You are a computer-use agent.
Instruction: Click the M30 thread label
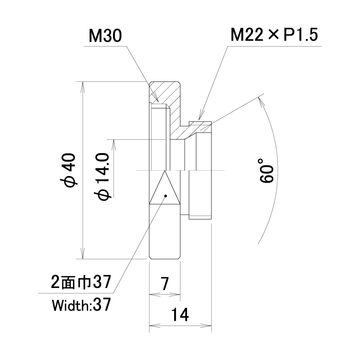[x=105, y=36]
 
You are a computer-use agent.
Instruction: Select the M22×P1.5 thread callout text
[x=274, y=35]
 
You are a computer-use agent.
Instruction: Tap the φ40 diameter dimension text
[x=68, y=170]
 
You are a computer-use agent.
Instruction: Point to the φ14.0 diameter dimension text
[x=101, y=177]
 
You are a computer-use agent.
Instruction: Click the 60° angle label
[x=267, y=170]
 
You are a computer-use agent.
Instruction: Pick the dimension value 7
[x=165, y=284]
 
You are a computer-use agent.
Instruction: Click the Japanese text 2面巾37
[x=81, y=282]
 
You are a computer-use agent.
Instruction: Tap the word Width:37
[x=81, y=305]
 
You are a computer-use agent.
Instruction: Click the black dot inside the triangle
[x=166, y=196]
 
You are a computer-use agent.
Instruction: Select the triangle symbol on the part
[x=165, y=187]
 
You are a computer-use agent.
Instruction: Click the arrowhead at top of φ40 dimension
[x=83, y=87]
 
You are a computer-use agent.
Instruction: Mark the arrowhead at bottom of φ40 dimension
[x=83, y=254]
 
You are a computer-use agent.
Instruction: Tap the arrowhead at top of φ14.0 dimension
[x=113, y=145]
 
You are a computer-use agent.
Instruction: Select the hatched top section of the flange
[x=165, y=92]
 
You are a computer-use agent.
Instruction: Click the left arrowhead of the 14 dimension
[x=155, y=325]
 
